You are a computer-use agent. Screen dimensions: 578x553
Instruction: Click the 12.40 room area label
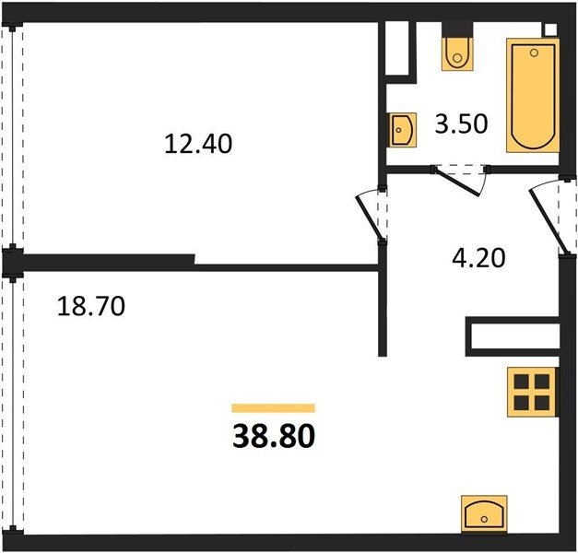(x=198, y=144)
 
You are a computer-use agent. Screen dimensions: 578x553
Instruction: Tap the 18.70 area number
(x=91, y=306)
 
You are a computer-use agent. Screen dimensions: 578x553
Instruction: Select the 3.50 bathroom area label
(x=461, y=124)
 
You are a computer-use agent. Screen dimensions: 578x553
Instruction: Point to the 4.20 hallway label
(x=478, y=258)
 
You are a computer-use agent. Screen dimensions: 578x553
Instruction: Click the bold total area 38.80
(x=274, y=435)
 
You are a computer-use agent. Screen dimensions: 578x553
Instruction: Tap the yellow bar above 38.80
(x=274, y=407)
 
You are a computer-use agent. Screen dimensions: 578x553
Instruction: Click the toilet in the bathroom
(x=457, y=53)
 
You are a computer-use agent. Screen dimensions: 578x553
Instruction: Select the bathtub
(x=533, y=95)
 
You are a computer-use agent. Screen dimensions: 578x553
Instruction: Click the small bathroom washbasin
(x=403, y=130)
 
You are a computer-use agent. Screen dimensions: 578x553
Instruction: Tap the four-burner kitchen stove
(x=531, y=392)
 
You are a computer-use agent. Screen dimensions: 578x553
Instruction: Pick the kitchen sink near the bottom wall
(x=484, y=514)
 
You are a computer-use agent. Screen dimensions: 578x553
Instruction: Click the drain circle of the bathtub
(x=534, y=53)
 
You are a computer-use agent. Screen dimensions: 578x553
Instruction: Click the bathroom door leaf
(x=456, y=182)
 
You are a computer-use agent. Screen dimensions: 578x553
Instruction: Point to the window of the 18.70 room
(x=13, y=404)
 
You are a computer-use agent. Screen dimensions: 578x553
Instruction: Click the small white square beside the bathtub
(x=549, y=29)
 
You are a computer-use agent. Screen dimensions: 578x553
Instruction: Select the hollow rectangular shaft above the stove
(x=513, y=336)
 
